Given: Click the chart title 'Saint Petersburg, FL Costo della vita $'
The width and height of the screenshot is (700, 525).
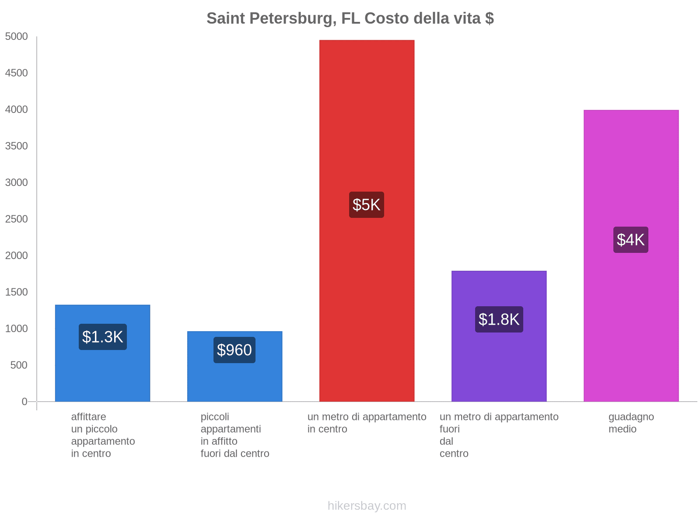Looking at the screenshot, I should coord(350,18).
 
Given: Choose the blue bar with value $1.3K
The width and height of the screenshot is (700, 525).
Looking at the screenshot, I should coord(102,372).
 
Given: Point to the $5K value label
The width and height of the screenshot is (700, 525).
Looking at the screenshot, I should coord(367,205).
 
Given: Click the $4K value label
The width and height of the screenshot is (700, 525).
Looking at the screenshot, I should coord(631,240).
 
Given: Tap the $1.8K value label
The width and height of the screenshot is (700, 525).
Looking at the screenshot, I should coord(499,319).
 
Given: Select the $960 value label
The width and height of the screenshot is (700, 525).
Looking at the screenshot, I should coord(234,350).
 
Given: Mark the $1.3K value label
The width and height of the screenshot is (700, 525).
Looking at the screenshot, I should coord(102,337).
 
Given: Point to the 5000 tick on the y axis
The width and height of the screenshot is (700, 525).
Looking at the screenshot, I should coord(16,37).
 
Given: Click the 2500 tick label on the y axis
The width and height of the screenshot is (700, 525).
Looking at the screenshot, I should coord(16,219).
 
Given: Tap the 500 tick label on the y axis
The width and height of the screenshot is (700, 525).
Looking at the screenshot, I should coord(19,365).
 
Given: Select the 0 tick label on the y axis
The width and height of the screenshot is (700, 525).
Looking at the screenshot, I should coord(24,402).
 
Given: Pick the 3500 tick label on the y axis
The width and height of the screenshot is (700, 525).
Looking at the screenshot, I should coord(16,146).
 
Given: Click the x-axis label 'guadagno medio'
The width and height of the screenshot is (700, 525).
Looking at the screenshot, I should coord(631,423).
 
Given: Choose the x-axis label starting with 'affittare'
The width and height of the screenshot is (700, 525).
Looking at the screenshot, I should coord(103,435).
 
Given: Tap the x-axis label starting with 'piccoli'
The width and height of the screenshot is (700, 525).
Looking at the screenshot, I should coord(235,435).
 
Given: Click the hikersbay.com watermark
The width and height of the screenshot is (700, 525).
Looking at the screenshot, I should coord(367,506).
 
